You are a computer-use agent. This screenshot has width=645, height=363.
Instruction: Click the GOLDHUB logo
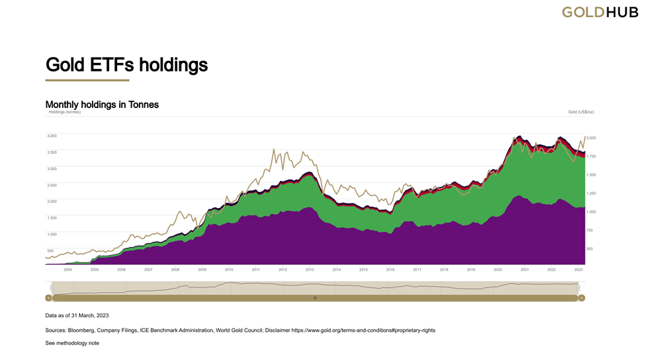point(600,12)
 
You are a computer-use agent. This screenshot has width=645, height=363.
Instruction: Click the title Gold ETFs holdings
point(126,65)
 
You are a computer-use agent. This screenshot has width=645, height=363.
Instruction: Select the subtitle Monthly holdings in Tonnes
point(102,105)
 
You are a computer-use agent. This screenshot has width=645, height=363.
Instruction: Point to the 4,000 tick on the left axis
point(52,136)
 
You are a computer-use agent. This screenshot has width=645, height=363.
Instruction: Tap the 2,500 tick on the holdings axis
point(52,185)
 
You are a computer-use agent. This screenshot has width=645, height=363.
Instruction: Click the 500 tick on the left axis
point(50,251)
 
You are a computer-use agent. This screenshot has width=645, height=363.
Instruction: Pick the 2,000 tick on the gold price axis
point(591,138)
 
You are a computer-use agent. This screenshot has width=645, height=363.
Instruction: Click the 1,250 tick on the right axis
point(591,193)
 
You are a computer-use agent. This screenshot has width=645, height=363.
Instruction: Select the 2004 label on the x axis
point(67,270)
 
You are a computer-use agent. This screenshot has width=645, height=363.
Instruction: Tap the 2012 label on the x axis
point(282,270)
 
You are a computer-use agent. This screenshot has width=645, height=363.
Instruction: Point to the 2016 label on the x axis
point(390,270)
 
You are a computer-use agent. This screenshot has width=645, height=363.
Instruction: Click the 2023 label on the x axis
point(578,270)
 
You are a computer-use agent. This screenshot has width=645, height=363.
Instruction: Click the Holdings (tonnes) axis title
point(65,112)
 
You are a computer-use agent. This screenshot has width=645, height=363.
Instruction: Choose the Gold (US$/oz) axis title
point(581,112)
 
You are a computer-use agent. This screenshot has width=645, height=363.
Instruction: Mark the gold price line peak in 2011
point(274,150)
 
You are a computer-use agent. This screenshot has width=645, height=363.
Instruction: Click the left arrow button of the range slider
point(48,298)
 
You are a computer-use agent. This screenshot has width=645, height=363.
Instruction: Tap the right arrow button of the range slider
point(581,298)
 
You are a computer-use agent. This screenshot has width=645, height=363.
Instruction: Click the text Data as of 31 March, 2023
point(77,316)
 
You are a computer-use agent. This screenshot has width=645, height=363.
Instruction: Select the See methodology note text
point(72,343)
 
